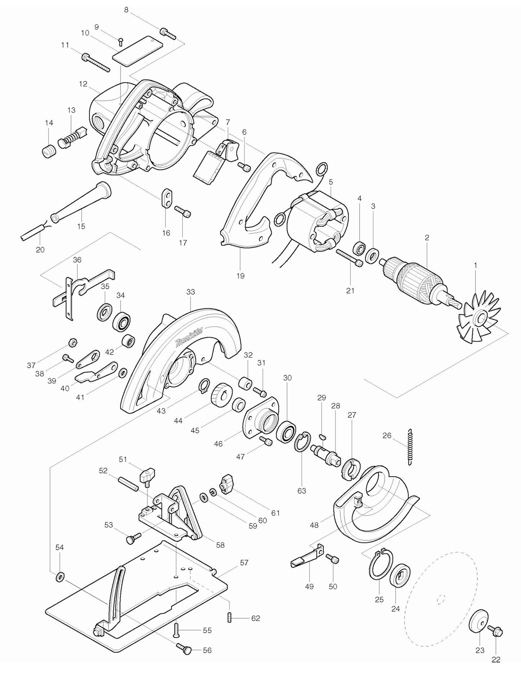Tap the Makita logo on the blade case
click(x=189, y=337)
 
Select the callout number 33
click(x=190, y=292)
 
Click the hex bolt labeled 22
click(x=495, y=630)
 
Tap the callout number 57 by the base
click(x=244, y=563)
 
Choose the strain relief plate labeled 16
click(x=166, y=198)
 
